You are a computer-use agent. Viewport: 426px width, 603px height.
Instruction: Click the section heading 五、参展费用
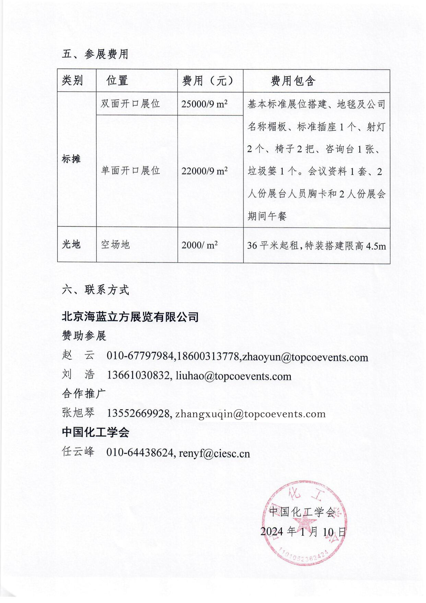[95, 54]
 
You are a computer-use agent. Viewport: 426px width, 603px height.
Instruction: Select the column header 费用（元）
[208, 81]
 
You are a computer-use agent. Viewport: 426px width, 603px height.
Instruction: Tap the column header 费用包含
[293, 81]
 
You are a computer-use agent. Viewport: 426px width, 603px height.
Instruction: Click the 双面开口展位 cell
[130, 103]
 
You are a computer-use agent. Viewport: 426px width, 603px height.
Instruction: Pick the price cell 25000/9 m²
[204, 104]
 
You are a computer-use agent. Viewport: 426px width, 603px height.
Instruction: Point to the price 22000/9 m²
[204, 171]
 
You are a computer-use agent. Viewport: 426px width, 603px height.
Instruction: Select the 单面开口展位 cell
[130, 170]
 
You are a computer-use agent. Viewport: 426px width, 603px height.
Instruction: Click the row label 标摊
[71, 159]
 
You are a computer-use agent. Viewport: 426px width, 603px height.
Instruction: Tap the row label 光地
[71, 244]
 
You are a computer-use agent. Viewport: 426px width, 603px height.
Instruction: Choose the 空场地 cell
[115, 244]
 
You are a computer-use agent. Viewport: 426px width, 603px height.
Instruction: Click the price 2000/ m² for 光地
[199, 245]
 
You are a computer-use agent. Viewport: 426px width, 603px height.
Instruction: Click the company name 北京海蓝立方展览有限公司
[130, 316]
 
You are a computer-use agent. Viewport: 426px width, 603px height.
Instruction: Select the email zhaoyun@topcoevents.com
[305, 357]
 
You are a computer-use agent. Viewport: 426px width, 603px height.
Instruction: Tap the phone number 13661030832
[139, 376]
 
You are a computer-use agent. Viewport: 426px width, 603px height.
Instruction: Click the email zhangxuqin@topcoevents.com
[250, 414]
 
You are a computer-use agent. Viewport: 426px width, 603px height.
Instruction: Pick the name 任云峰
[78, 451]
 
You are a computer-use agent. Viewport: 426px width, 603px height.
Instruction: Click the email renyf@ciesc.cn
[214, 454]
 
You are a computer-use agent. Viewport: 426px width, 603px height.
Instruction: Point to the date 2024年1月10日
[303, 532]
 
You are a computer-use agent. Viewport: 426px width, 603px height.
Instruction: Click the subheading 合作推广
[84, 393]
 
